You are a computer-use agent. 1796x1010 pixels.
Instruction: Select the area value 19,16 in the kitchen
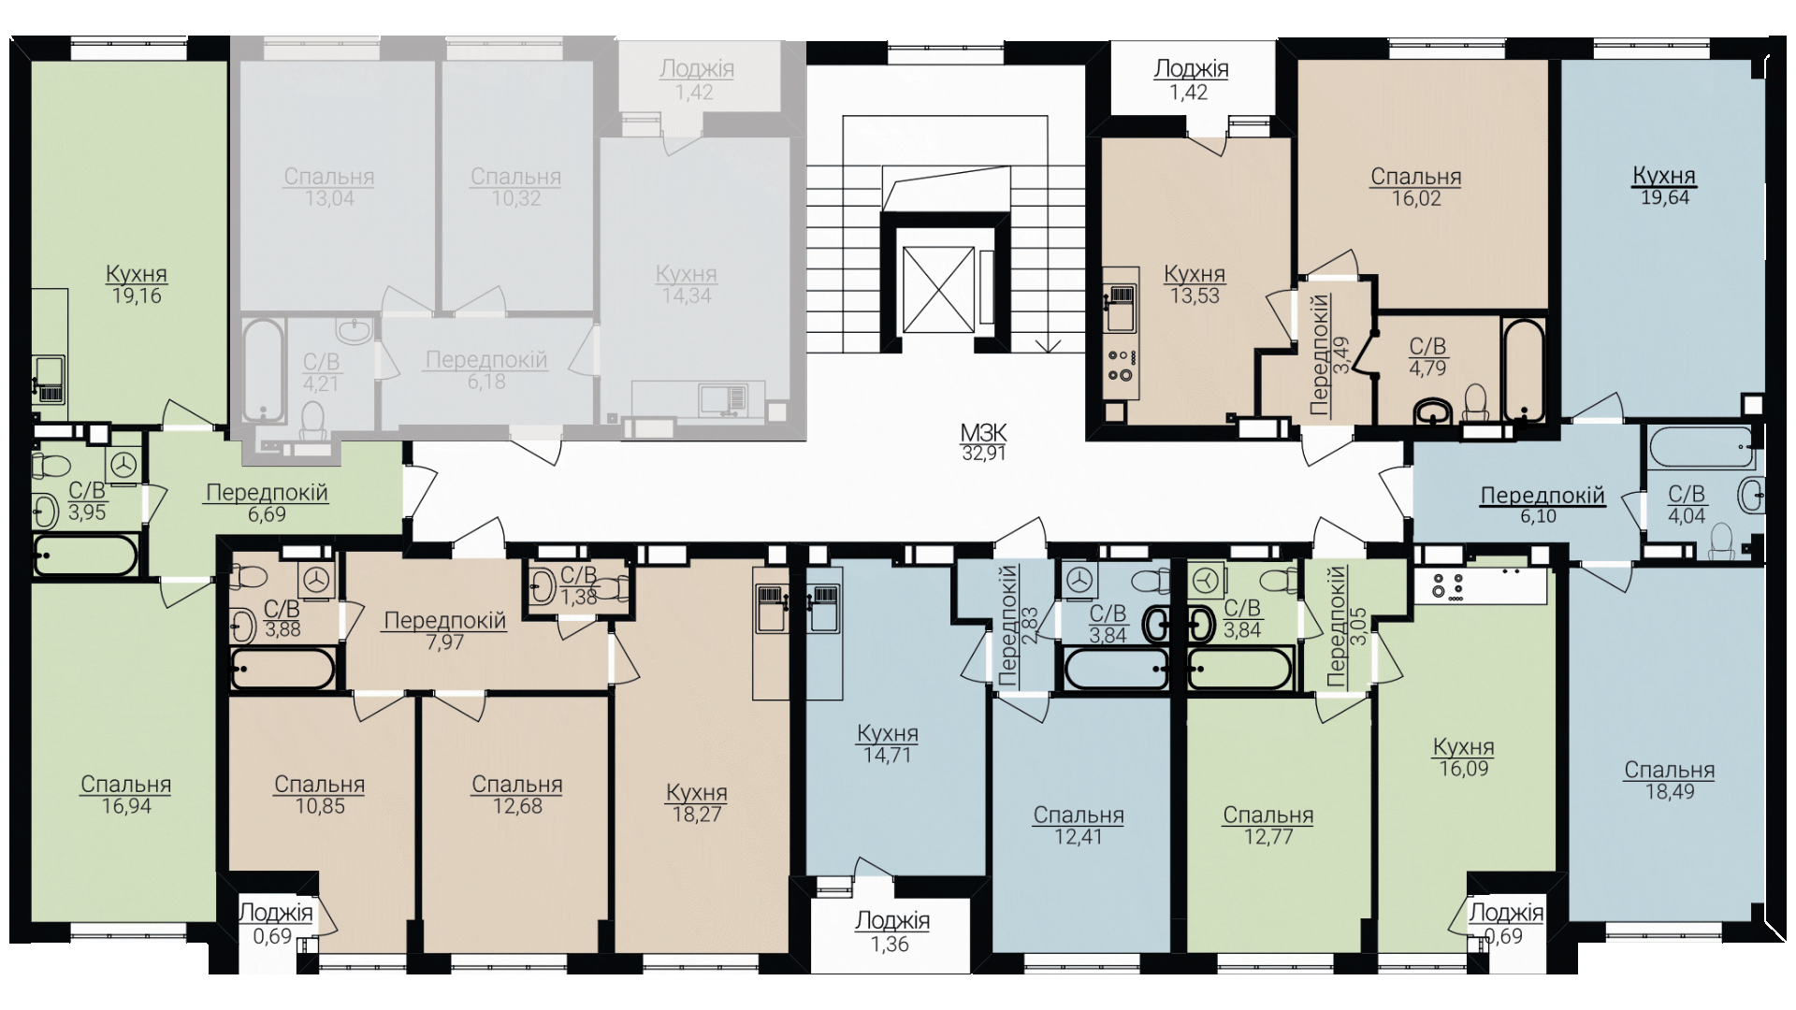point(137,296)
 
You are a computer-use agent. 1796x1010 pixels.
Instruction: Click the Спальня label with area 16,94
point(126,796)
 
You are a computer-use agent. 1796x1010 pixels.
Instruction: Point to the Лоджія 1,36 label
point(892,932)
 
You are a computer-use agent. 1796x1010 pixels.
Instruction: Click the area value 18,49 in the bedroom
point(1670,792)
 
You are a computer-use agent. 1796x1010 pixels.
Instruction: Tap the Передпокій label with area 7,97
point(445,631)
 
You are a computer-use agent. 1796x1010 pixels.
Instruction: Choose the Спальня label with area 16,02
point(1416,187)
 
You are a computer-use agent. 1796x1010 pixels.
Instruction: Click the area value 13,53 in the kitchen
point(1195,296)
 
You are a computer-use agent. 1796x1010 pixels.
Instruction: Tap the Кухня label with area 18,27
point(697,803)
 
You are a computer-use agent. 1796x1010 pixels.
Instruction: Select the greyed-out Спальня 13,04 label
point(329,187)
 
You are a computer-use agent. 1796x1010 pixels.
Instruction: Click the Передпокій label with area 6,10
point(1543,505)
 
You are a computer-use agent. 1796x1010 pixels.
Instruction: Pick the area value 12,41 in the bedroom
point(1079,838)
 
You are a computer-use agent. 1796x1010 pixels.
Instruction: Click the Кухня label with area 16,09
point(1464,758)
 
